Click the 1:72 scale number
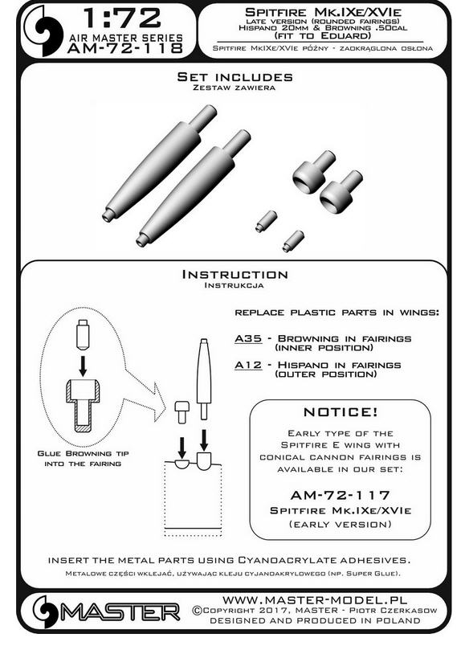[x=122, y=18]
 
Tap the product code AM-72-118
[x=124, y=48]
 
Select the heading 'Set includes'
[x=235, y=77]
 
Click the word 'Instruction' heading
[x=235, y=274]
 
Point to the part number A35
[x=248, y=338]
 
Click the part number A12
[x=248, y=365]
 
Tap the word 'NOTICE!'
[x=341, y=412]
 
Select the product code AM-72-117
[x=341, y=495]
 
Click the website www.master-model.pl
[x=315, y=600]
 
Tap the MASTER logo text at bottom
[x=120, y=612]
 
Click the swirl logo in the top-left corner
[x=43, y=31]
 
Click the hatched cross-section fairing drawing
[x=83, y=406]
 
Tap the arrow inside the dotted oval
[x=83, y=366]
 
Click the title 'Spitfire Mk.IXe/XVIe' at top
[x=323, y=12]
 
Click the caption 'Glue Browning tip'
[x=83, y=453]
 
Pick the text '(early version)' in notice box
[x=341, y=525]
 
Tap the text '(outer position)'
[x=326, y=374]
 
